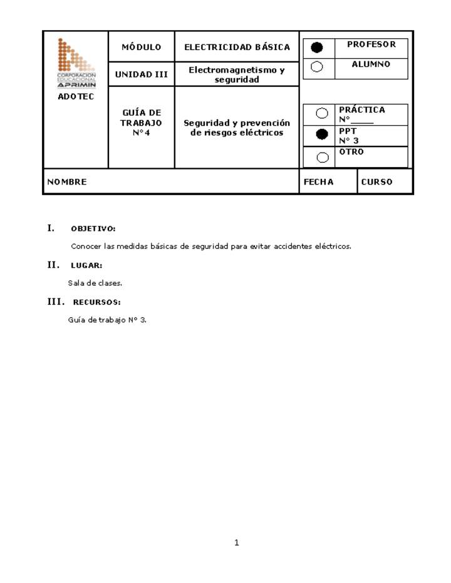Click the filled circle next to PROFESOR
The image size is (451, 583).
(x=318, y=48)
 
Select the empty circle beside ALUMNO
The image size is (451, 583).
(x=318, y=67)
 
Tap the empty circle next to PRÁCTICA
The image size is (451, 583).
(x=322, y=113)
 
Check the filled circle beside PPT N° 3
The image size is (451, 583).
(x=322, y=134)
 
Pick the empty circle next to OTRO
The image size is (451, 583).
(x=322, y=157)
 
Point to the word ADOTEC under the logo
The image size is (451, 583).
(x=76, y=97)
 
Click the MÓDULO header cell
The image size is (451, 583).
(x=141, y=47)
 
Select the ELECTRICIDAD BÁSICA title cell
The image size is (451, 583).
(x=237, y=47)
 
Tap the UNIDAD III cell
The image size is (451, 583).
(x=141, y=74)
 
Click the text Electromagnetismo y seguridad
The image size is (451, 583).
(x=237, y=74)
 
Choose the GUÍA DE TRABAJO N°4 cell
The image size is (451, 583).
(x=141, y=123)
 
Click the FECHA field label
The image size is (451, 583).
(x=318, y=182)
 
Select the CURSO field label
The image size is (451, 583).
(x=376, y=182)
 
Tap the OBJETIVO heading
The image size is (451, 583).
(x=93, y=229)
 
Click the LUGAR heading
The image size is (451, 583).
(x=86, y=266)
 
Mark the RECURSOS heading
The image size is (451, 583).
(x=96, y=303)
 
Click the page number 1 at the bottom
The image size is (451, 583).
(x=237, y=543)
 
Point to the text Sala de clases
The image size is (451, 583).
(x=95, y=283)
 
